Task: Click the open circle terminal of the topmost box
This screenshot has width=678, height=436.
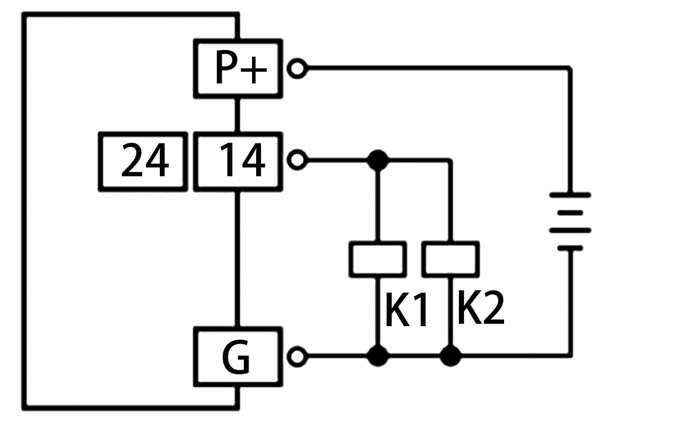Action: tap(298, 69)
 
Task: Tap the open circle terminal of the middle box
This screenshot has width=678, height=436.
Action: tap(298, 160)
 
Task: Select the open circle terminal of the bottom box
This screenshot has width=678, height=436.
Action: tap(298, 356)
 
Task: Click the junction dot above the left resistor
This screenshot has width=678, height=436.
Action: tap(377, 160)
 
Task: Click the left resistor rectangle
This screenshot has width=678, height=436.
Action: tap(377, 259)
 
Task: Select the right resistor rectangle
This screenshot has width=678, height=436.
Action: tap(450, 259)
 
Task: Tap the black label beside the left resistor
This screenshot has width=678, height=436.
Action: tap(406, 309)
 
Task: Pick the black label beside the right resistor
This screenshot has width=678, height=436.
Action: tap(481, 307)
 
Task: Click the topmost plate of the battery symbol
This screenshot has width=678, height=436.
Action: tap(570, 194)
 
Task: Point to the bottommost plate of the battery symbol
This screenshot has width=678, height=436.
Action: tap(570, 248)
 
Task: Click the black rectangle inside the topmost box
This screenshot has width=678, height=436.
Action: tap(241, 66)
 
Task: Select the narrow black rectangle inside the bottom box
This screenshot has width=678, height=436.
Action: tap(236, 357)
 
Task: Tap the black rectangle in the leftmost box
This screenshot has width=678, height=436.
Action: tap(145, 159)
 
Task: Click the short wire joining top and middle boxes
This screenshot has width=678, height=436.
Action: tap(237, 115)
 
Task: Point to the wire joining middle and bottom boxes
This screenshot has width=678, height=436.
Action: tap(237, 259)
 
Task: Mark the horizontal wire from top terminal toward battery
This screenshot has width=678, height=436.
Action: tap(435, 69)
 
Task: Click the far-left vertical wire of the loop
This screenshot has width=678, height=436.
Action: tap(25, 212)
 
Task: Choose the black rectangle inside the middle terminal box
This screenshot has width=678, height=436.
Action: tap(243, 159)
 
